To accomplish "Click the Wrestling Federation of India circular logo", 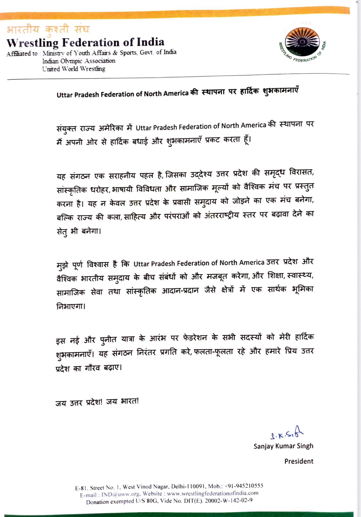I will (x=303, y=43).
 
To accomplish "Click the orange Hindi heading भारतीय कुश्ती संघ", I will (x=48, y=29).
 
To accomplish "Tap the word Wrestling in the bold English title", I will (x=32, y=43).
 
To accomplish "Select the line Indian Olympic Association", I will (x=78, y=61).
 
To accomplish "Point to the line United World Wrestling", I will (x=74, y=69).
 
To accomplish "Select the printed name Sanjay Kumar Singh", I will (x=283, y=446).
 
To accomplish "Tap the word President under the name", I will (x=299, y=461).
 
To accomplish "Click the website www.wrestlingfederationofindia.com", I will (x=212, y=493).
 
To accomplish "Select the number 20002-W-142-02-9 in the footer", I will (x=229, y=501).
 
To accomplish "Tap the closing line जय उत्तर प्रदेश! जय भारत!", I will (x=97, y=402).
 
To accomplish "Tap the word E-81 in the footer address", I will (x=81, y=488).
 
